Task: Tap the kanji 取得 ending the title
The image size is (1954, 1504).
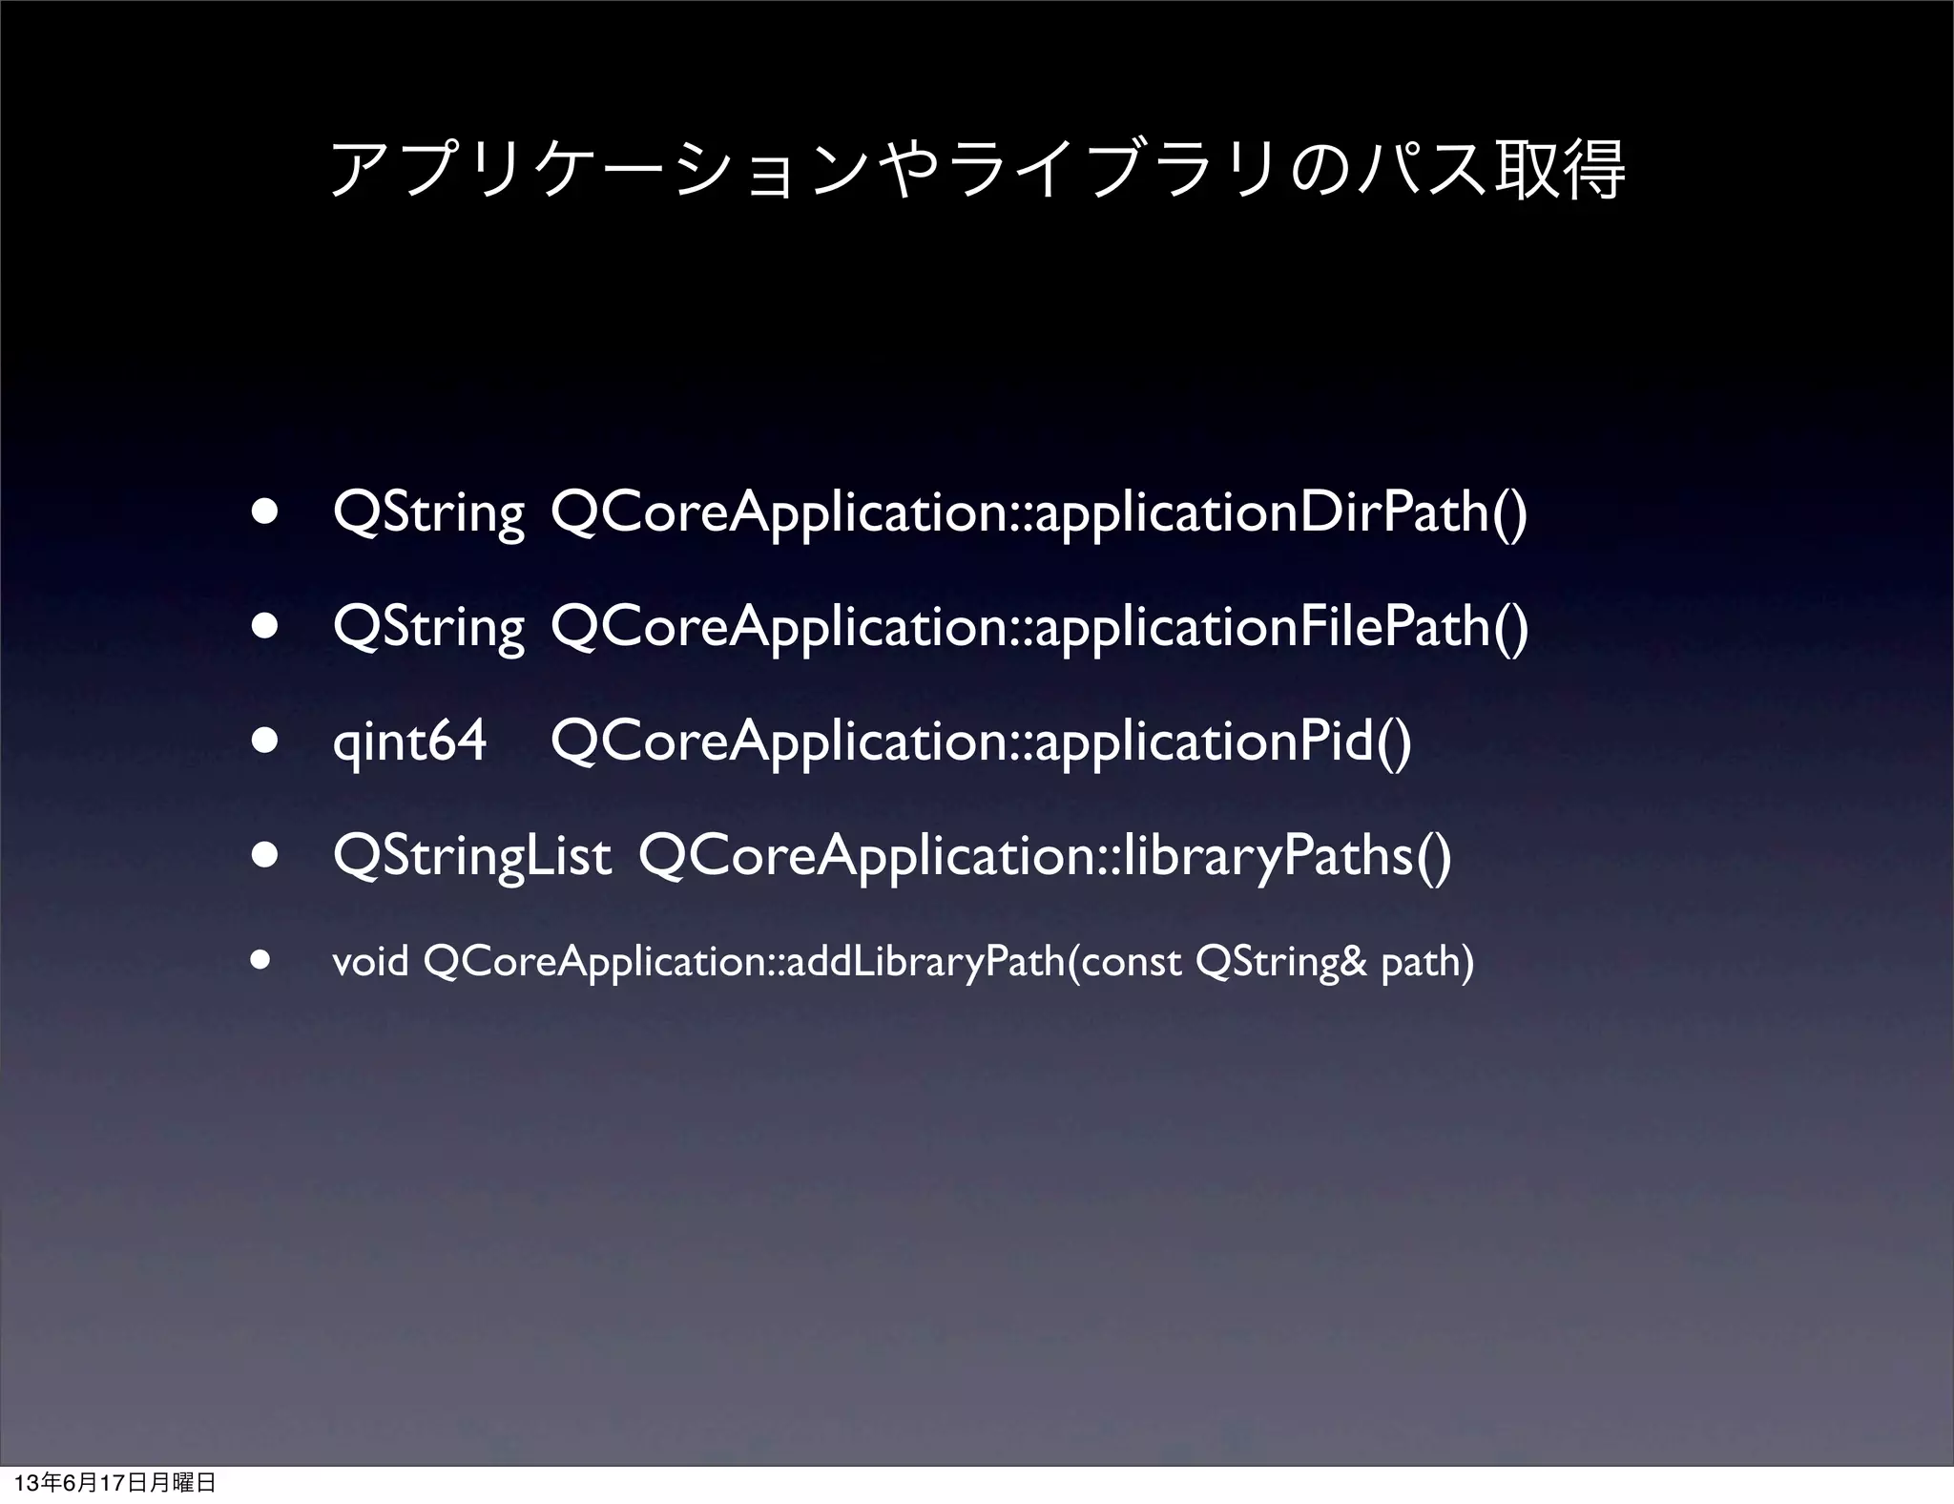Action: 1561,170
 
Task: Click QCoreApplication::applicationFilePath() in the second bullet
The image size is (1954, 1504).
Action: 1039,627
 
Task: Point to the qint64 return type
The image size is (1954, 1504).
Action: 409,742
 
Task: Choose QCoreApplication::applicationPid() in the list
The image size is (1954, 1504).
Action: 981,742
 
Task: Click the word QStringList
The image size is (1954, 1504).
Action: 472,856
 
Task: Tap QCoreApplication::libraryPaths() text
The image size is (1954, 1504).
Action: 1045,856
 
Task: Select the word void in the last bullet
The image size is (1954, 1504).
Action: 370,962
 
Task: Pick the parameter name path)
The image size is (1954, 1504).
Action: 1427,962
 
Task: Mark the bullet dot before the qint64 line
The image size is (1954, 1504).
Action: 264,742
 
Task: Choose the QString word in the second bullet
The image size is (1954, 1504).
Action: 429,627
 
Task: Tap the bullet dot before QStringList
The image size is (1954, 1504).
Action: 264,856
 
